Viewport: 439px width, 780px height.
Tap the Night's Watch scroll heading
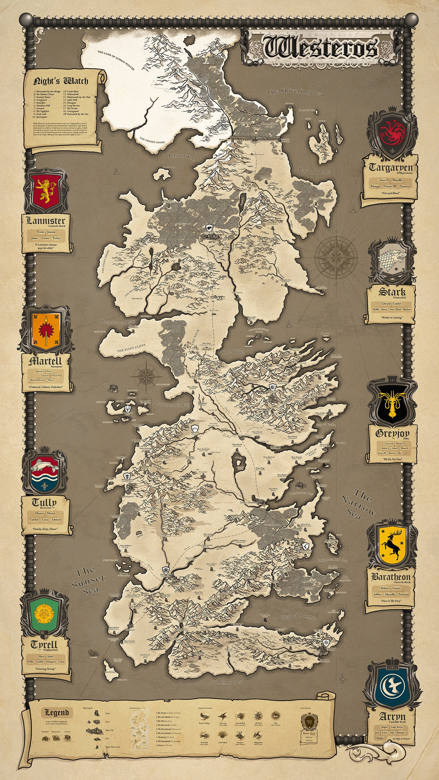point(61,81)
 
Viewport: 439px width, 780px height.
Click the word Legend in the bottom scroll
point(57,712)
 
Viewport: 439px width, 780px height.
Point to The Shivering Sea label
point(295,92)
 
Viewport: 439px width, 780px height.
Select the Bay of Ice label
point(181,157)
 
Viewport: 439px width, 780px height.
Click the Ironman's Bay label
point(173,404)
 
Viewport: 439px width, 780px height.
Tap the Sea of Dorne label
point(298,616)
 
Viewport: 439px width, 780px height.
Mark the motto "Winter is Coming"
point(392,318)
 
